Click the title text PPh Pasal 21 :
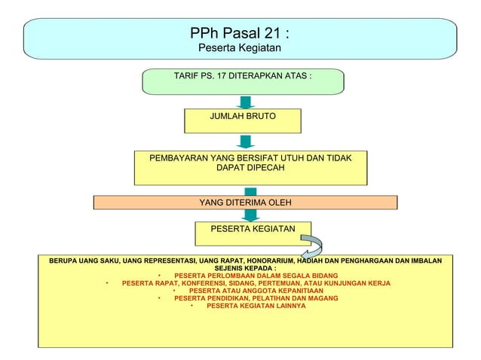(x=240, y=33)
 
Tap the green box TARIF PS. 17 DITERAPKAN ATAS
(x=243, y=77)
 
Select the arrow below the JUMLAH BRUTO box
(x=245, y=142)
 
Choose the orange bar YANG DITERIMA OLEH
(x=244, y=202)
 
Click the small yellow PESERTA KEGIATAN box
(x=249, y=228)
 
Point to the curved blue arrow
(x=312, y=247)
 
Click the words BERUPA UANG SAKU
(x=83, y=261)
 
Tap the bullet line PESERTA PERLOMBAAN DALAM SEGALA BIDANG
(x=255, y=276)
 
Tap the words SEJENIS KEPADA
(x=244, y=268)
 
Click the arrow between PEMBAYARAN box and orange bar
(x=250, y=190)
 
